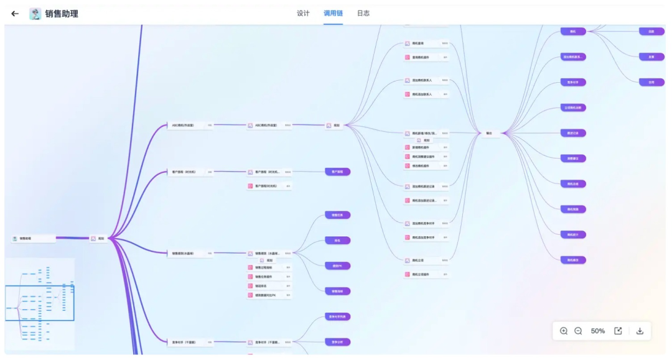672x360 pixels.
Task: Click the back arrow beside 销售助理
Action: pyautogui.click(x=15, y=14)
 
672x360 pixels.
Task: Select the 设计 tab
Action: pyautogui.click(x=303, y=13)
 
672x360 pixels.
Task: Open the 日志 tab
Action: pyautogui.click(x=363, y=13)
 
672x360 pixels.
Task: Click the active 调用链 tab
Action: pyautogui.click(x=333, y=13)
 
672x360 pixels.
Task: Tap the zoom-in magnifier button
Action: pyautogui.click(x=564, y=331)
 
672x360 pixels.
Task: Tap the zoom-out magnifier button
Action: pyautogui.click(x=578, y=331)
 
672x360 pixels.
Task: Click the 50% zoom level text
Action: pyautogui.click(x=597, y=331)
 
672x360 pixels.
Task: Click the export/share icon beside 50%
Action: pyautogui.click(x=618, y=331)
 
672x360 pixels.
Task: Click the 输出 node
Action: pyautogui.click(x=490, y=132)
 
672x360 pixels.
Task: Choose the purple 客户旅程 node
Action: pyautogui.click(x=337, y=172)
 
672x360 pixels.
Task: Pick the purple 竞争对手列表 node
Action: pyautogui.click(x=337, y=316)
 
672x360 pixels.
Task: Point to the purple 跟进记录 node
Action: pyautogui.click(x=572, y=133)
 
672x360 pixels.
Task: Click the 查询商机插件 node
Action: pyautogui.click(x=426, y=57)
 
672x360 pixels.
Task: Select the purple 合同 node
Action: pyautogui.click(x=651, y=82)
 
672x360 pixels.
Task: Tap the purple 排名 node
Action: pyautogui.click(x=337, y=241)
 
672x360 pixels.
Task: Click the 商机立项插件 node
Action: pyautogui.click(x=426, y=274)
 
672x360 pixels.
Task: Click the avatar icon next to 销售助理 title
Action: pyautogui.click(x=35, y=14)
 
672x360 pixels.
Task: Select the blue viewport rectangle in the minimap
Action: pyautogui.click(x=39, y=303)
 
